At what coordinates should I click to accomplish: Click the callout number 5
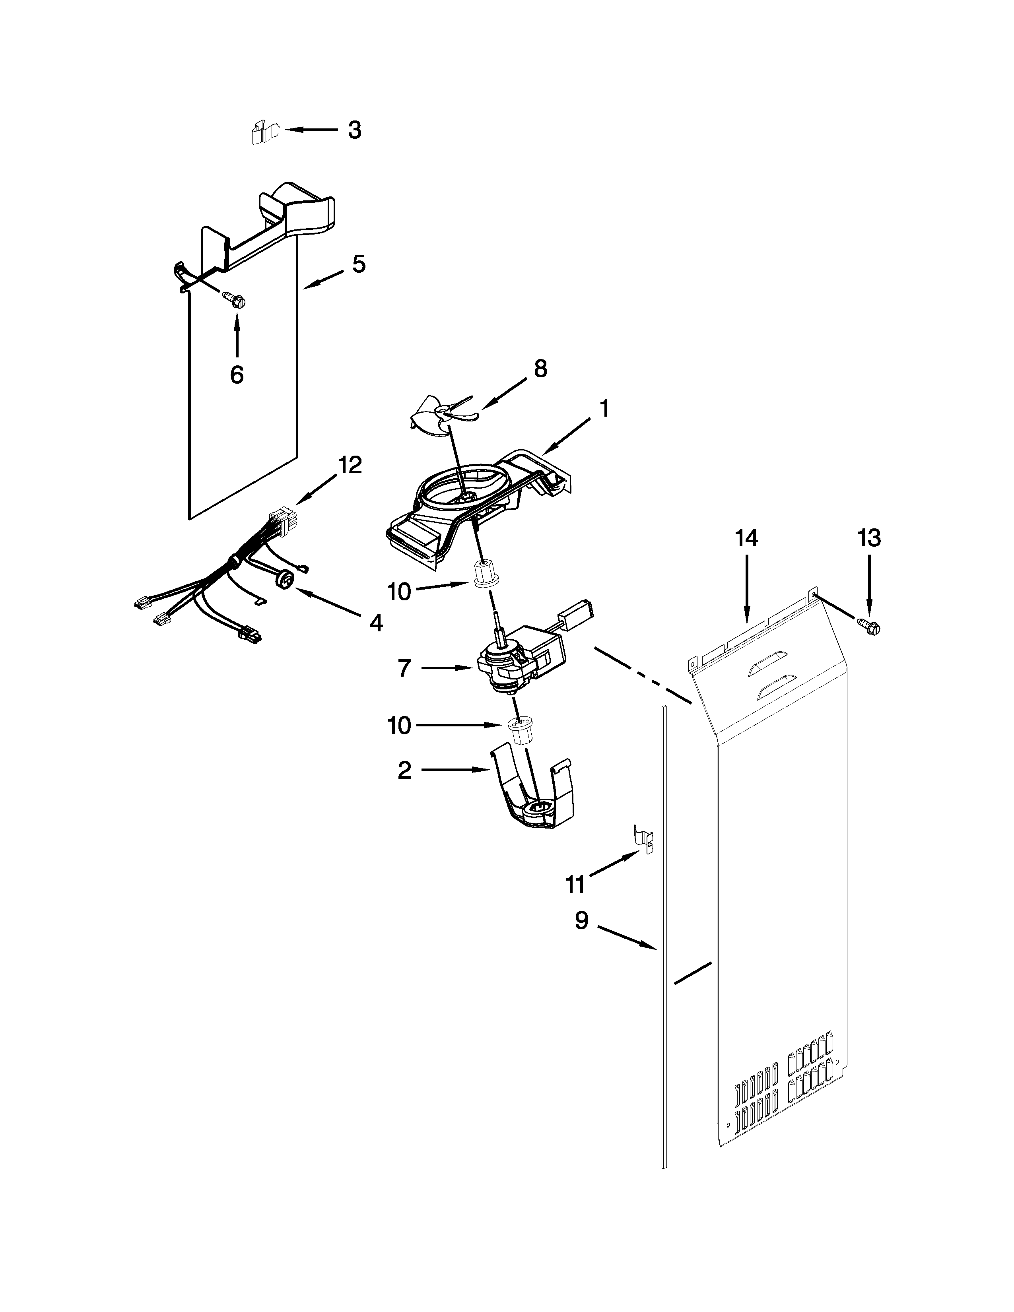[x=359, y=264]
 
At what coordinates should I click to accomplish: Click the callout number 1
[x=604, y=409]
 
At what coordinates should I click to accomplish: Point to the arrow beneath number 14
[x=747, y=589]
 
